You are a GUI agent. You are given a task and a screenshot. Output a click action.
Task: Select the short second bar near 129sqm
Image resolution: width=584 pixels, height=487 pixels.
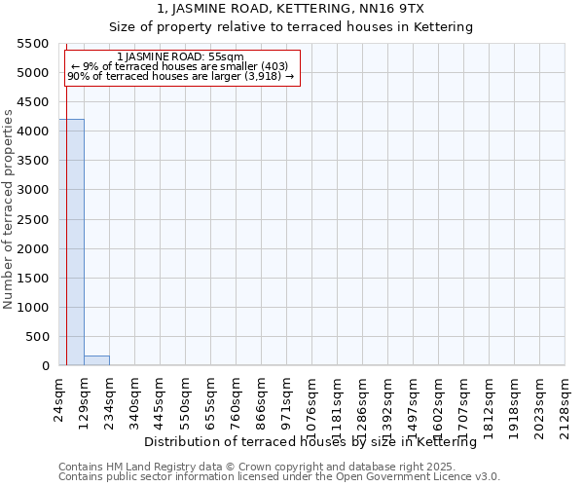coord(96,360)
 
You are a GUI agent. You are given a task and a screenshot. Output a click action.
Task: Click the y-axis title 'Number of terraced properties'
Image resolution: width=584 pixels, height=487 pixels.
coord(9,209)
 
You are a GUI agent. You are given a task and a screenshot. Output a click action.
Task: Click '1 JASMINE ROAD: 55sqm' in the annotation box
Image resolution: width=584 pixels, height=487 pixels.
coord(180,57)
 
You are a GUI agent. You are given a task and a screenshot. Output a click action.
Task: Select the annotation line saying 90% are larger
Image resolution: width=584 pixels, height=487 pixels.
coord(180,76)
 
